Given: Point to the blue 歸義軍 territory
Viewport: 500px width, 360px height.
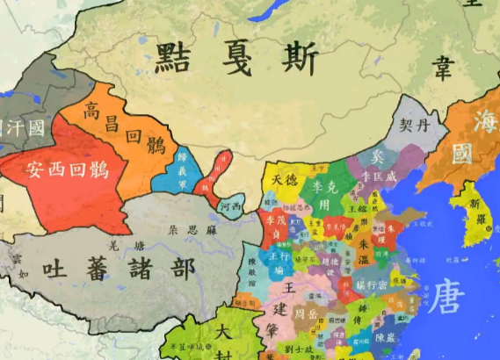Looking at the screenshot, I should [183, 170].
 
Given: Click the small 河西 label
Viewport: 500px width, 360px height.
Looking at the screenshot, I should [230, 207].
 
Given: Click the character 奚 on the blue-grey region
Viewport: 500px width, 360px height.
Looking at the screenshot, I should [379, 157].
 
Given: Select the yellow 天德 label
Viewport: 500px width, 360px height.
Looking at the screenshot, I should [284, 180].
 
